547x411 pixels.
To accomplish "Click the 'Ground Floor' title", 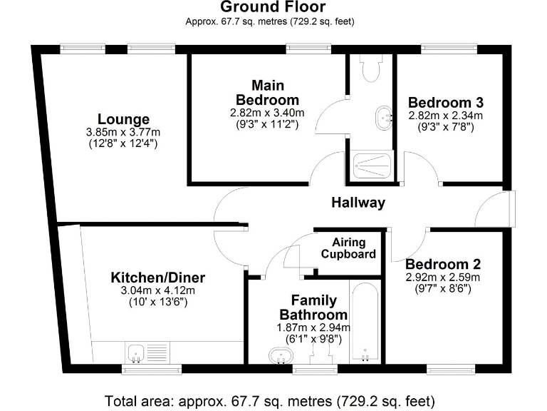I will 273,7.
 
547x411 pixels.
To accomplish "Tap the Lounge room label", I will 123,119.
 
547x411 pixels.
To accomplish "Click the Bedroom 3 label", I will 445,103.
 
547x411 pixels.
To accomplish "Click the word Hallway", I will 358,203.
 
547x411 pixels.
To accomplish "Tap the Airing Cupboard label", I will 348,248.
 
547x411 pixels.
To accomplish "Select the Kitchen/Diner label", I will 157,277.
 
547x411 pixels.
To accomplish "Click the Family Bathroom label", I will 313,308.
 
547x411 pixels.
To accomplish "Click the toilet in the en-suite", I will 370,69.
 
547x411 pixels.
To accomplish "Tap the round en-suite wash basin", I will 384,116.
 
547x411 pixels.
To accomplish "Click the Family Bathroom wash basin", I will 278,355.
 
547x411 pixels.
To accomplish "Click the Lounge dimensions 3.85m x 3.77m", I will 123,132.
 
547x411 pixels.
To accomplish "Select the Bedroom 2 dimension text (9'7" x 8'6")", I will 442,289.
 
